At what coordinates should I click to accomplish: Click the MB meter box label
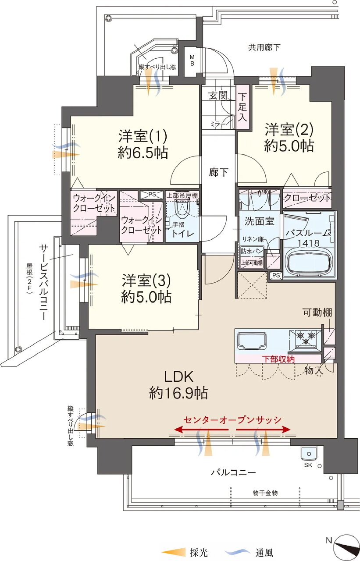pyautogui.click(x=192, y=60)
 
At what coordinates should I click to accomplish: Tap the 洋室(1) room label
pyautogui.click(x=143, y=136)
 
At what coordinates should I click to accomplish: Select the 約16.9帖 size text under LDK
pyautogui.click(x=178, y=393)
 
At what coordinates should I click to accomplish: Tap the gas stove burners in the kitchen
pyautogui.click(x=305, y=338)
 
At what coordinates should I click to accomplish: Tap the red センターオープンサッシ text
pyautogui.click(x=232, y=419)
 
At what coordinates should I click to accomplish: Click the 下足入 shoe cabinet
pyautogui.click(x=242, y=107)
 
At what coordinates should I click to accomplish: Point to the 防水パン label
pyautogui.click(x=252, y=251)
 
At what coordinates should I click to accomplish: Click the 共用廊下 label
pyautogui.click(x=264, y=47)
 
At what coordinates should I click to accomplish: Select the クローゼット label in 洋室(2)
pyautogui.click(x=307, y=199)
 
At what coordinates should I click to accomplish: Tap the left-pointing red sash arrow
pyautogui.click(x=201, y=430)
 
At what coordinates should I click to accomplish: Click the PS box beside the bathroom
pyautogui.click(x=276, y=275)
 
